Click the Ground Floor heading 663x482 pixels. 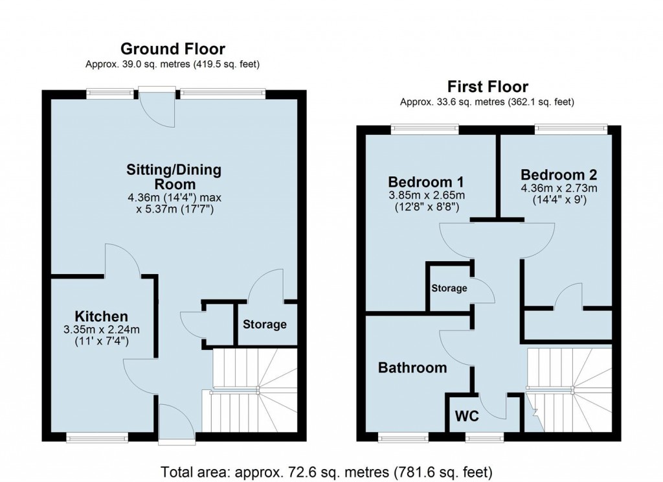tap(173, 49)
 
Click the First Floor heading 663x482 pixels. tap(487, 87)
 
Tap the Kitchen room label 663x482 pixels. tap(101, 316)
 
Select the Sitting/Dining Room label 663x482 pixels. tap(174, 178)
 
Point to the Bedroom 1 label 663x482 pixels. tap(426, 181)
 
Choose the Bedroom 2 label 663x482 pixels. tap(558, 175)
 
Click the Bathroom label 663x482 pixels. tap(412, 368)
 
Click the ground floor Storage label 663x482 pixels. tap(264, 324)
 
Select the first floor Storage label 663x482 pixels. tap(449, 288)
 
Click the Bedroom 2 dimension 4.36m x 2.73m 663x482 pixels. tap(559, 188)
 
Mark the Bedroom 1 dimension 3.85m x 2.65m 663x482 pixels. tap(427, 194)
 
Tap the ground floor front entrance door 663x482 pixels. tap(176, 424)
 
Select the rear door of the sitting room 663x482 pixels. tap(157, 107)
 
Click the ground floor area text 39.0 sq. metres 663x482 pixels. tap(173, 64)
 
